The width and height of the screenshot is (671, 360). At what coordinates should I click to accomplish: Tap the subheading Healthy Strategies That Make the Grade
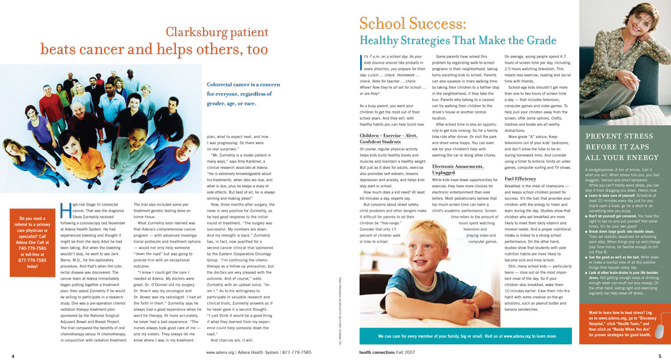pyautogui.click(x=457, y=41)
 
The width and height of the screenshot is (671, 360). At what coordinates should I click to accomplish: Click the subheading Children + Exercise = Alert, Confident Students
pyautogui.click(x=389, y=139)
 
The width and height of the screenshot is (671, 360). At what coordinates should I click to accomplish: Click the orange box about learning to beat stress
pyautogui.click(x=621, y=327)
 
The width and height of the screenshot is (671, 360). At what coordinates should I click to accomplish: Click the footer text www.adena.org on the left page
pyautogui.click(x=221, y=353)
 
